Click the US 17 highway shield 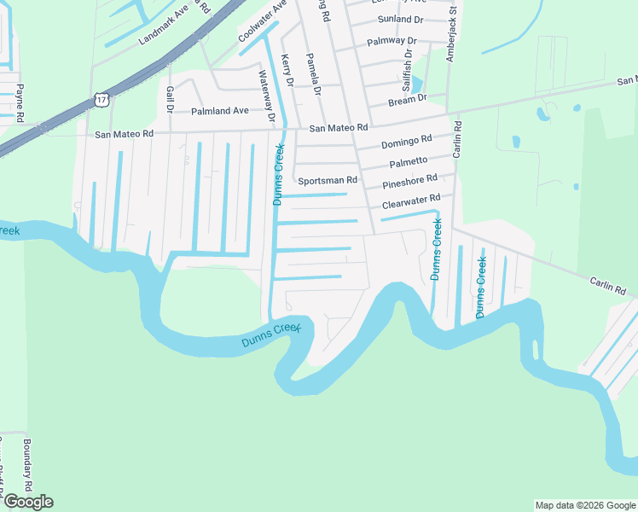coord(101,100)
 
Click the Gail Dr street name coord(170,99)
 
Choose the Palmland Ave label coord(220,111)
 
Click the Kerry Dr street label coord(287,71)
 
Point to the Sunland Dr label coord(398,19)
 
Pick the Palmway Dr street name coord(391,41)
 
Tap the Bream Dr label coord(406,100)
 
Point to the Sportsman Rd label coord(327,181)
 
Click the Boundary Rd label coord(27,464)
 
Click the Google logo coord(27,502)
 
